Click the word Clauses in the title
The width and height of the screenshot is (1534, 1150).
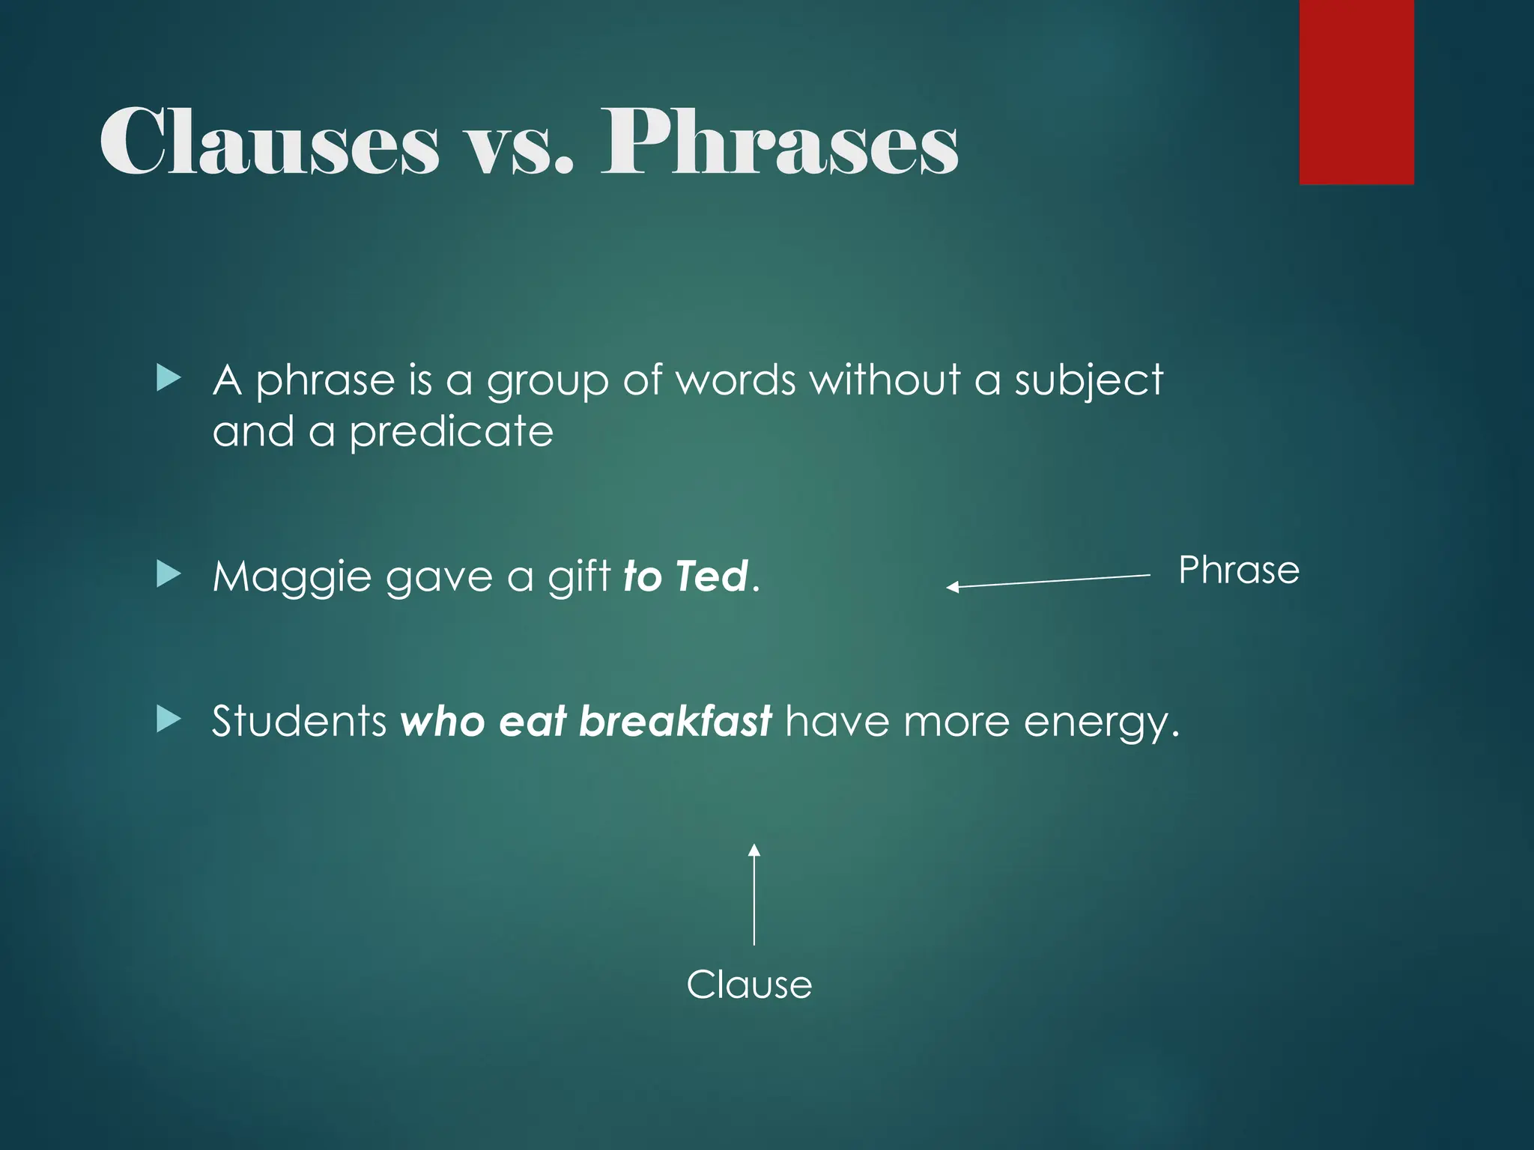coord(270,142)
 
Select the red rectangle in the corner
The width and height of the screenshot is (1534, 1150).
coord(1356,92)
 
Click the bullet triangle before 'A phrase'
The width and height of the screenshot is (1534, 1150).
coord(169,379)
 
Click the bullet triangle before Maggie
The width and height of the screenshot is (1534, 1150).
coord(169,575)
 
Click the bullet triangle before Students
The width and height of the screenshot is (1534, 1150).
coord(169,719)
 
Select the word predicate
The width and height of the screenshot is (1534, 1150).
coord(452,433)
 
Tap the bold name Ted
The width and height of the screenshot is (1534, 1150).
coord(711,576)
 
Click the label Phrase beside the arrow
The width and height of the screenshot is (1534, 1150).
coord(1238,571)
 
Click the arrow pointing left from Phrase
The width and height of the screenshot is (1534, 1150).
coord(1049,581)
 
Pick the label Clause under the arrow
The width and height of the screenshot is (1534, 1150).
coord(749,985)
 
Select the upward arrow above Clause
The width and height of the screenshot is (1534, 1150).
coord(754,895)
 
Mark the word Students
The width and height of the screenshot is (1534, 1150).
coord(299,721)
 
